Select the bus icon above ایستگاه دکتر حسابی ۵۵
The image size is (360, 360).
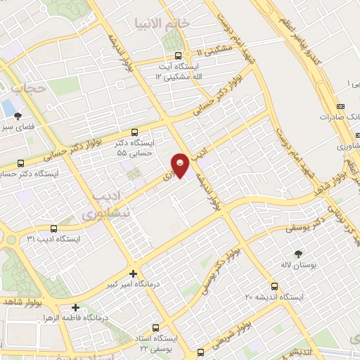(134, 131)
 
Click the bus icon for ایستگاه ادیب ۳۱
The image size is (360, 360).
(54, 227)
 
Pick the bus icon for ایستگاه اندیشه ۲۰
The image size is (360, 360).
(274, 286)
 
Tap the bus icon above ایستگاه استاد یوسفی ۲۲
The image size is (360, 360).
(154, 328)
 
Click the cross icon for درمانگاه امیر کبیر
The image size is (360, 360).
(134, 274)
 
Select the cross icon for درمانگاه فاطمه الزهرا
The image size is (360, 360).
(75, 307)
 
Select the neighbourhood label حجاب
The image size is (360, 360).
(29, 89)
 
